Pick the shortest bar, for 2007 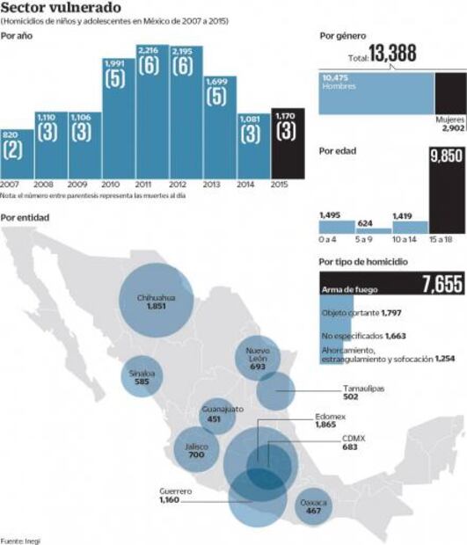(17, 155)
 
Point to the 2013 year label (217, 185)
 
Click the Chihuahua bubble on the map (157, 302)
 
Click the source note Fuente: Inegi (20, 540)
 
